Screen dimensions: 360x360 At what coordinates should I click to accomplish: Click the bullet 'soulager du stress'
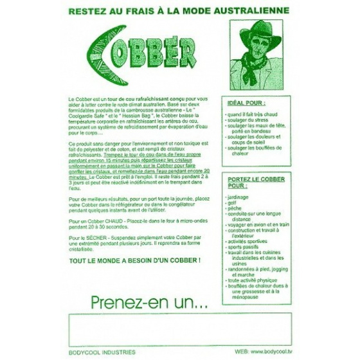point(248,118)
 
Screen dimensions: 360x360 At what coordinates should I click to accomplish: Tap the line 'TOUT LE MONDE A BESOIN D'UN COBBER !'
point(134,260)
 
